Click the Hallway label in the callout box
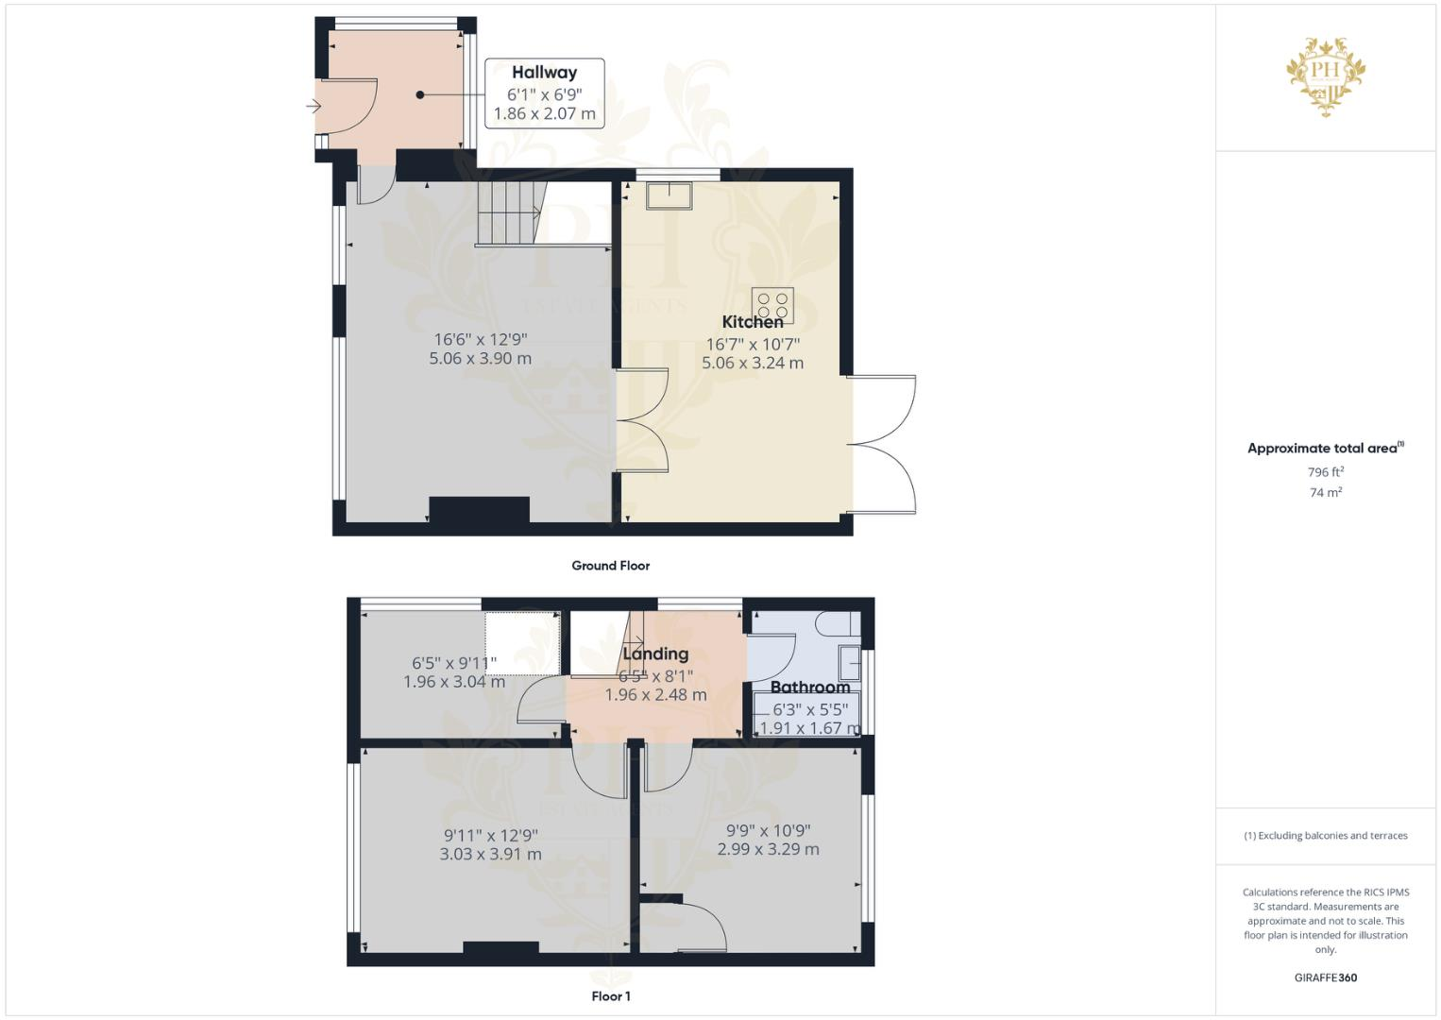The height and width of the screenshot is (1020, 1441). coord(544,73)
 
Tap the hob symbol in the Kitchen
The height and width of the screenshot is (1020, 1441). coord(772,304)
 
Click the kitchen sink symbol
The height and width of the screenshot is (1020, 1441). coord(669,195)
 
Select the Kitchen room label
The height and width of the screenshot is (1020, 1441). coord(753,322)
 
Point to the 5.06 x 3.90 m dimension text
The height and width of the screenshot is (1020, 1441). coord(480,359)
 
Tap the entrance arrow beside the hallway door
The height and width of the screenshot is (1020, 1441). coord(314,107)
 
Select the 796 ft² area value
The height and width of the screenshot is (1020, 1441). coord(1325,472)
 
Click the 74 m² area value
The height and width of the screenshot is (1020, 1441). coord(1325,493)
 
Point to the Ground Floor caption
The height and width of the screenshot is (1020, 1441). coord(610,566)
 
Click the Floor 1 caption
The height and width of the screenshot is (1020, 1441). coord(610,996)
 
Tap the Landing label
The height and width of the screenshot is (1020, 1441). coord(655,654)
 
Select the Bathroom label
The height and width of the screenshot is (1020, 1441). coord(810,688)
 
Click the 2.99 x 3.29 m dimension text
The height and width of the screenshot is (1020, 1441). coord(768,849)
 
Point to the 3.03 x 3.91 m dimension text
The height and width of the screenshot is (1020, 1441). coord(490,854)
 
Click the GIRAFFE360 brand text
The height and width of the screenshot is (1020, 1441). coord(1325,977)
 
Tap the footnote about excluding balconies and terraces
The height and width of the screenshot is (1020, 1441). coord(1325,836)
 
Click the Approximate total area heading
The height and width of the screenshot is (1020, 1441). coord(1323,449)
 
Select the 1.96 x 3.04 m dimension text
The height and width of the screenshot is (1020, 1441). coord(453,681)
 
